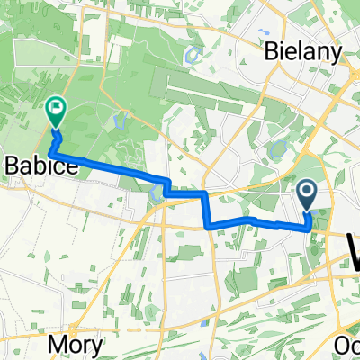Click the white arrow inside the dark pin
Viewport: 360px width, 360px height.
click(x=306, y=190)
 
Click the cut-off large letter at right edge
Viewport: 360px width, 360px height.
click(x=354, y=243)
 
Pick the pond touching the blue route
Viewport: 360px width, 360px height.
click(x=158, y=190)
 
